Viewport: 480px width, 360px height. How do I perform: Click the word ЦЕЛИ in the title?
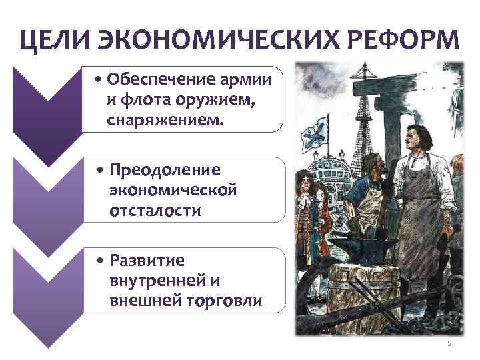[x=54, y=41]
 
